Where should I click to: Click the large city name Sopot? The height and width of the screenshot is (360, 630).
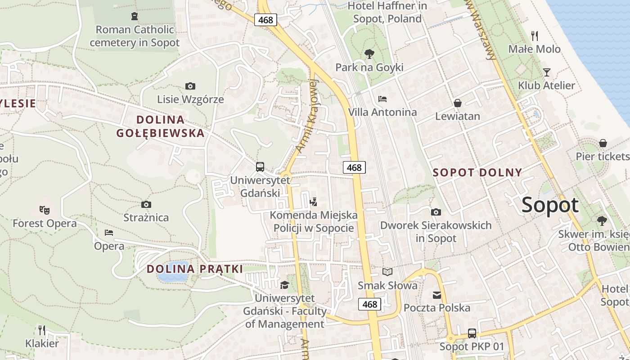click(550, 205)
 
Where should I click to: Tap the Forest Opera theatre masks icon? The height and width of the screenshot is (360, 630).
click(44, 210)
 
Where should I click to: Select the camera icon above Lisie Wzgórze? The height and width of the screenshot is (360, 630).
click(190, 86)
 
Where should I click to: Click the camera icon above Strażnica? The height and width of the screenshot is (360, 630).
click(146, 205)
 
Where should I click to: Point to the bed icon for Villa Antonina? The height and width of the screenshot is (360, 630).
click(382, 99)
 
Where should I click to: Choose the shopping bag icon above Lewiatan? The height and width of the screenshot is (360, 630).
click(458, 103)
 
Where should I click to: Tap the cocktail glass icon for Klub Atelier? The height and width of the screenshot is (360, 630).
click(546, 72)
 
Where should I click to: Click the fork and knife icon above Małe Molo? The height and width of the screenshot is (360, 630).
click(535, 36)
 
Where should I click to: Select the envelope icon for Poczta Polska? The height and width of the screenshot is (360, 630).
click(437, 295)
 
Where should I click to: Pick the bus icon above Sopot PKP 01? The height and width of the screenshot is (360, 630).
click(472, 333)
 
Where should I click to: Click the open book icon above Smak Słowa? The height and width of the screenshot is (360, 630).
click(387, 272)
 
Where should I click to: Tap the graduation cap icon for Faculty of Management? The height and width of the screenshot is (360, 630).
click(284, 285)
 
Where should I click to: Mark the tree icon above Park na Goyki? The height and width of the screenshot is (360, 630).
click(369, 54)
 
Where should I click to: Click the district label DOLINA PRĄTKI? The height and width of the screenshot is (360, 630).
click(195, 269)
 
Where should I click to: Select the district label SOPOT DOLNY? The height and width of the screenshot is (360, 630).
click(477, 172)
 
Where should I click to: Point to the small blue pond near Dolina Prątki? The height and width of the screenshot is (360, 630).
click(173, 272)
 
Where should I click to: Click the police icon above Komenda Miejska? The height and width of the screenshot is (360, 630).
click(314, 202)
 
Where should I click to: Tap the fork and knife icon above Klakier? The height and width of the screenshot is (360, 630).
click(42, 330)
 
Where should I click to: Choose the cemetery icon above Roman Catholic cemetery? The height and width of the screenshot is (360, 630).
click(134, 17)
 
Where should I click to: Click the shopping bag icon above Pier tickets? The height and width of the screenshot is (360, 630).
click(603, 143)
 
